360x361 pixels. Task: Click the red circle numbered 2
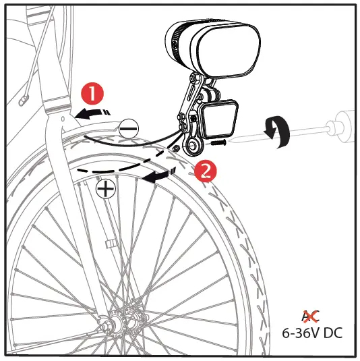click(204, 170)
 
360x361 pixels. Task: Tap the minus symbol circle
click(129, 127)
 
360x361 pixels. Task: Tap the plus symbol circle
click(105, 189)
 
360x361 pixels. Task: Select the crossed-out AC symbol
click(311, 314)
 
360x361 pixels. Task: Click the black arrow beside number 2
click(161, 175)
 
